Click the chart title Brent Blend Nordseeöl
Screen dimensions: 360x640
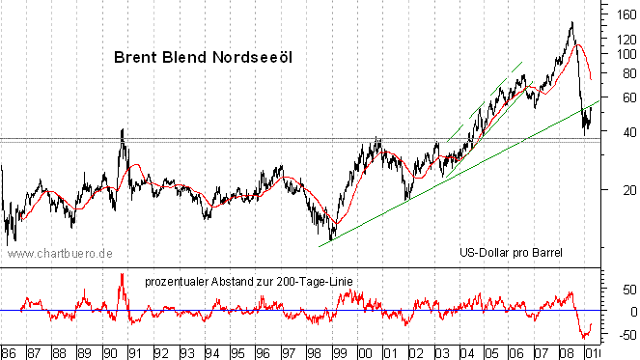click(x=203, y=57)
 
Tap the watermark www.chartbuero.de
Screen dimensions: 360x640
click(x=61, y=253)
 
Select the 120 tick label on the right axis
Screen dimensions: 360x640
click(x=619, y=40)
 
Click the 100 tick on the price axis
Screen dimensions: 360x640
click(x=619, y=55)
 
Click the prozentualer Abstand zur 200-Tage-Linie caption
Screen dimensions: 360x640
click(x=249, y=281)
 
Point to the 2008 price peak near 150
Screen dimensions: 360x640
click(x=571, y=23)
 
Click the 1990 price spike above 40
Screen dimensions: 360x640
click(x=123, y=130)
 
